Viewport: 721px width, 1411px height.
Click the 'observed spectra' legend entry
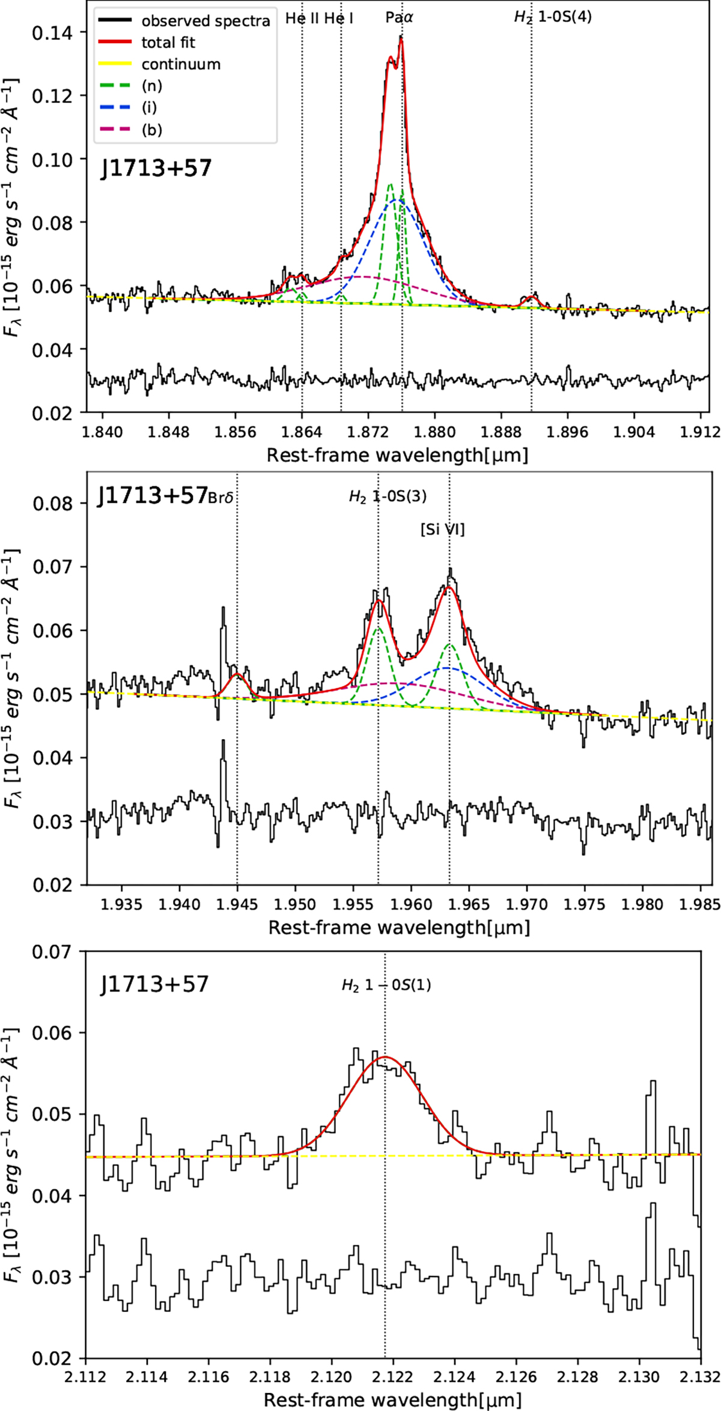click(x=205, y=22)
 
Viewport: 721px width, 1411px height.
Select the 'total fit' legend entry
click(x=168, y=43)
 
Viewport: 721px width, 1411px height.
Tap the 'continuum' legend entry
click(x=181, y=64)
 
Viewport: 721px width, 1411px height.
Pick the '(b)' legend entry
click(x=151, y=129)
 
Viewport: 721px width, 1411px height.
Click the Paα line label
click(x=400, y=18)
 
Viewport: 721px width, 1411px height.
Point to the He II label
click(x=303, y=18)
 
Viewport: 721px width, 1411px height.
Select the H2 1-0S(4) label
click(x=553, y=17)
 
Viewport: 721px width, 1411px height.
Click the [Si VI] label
click(x=442, y=530)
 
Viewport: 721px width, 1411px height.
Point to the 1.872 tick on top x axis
click(x=368, y=431)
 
